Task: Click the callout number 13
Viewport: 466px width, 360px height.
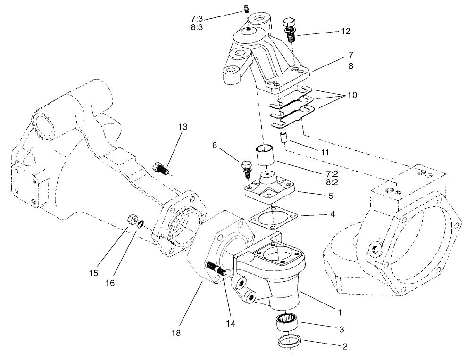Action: tap(183, 127)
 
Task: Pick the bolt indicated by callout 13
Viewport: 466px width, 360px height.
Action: tap(160, 168)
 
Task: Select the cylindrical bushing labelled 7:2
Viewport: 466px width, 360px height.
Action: tap(265, 155)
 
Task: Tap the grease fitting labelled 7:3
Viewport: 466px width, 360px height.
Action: tap(245, 8)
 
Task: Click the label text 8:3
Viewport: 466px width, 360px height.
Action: tap(197, 27)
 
